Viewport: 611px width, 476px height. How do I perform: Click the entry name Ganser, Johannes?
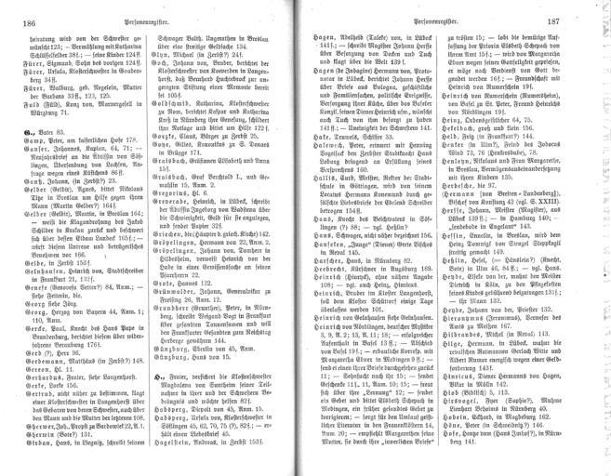pos(45,176)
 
